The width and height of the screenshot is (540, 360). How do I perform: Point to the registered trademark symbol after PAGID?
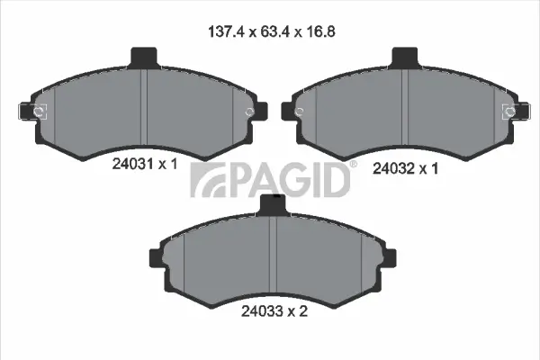pyautogui.click(x=353, y=165)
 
